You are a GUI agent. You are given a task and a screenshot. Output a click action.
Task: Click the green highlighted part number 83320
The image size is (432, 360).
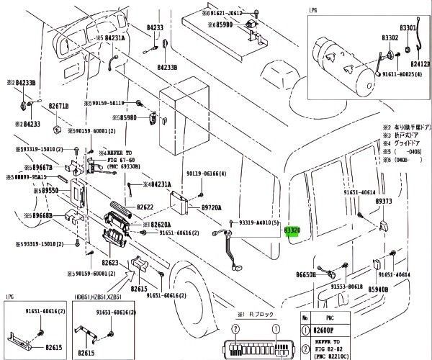[292, 230]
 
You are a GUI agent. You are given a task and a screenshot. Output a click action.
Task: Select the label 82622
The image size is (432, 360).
[147, 207]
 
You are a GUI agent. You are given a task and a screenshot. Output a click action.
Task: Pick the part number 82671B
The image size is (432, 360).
[59, 106]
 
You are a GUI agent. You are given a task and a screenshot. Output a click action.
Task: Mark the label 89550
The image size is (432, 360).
[50, 192]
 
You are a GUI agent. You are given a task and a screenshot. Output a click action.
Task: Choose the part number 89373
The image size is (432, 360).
[384, 202]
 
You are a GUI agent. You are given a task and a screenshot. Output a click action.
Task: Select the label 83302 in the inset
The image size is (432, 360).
[390, 37]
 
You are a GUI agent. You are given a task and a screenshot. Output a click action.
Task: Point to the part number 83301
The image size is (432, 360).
[408, 27]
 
